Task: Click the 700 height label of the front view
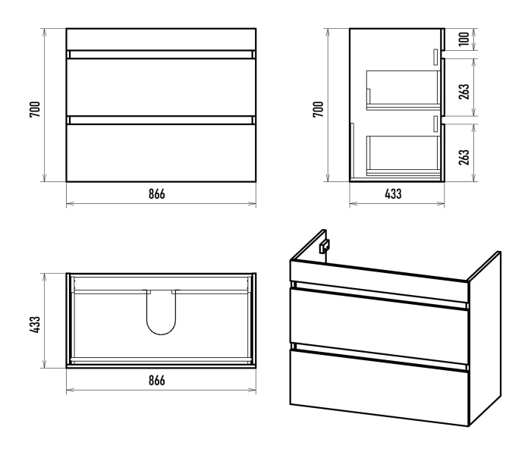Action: point(35,109)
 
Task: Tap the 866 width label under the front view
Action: point(157,194)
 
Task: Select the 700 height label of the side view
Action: point(318,109)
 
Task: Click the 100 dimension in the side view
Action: point(464,39)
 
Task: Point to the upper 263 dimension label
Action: point(464,92)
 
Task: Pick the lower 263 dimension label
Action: point(464,157)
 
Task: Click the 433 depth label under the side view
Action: point(393,194)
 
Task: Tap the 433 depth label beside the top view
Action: point(35,325)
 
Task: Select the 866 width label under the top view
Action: point(157,381)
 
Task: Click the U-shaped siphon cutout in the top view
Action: point(161,334)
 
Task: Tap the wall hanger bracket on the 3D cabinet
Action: point(325,246)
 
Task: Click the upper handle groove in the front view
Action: point(161,55)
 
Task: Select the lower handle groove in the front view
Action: point(161,120)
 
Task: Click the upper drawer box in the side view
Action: point(403,90)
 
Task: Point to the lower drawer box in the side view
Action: point(403,155)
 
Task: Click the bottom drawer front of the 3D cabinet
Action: point(379,388)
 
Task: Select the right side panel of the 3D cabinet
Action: point(484,338)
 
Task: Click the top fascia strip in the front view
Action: point(161,39)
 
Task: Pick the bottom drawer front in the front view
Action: point(161,152)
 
